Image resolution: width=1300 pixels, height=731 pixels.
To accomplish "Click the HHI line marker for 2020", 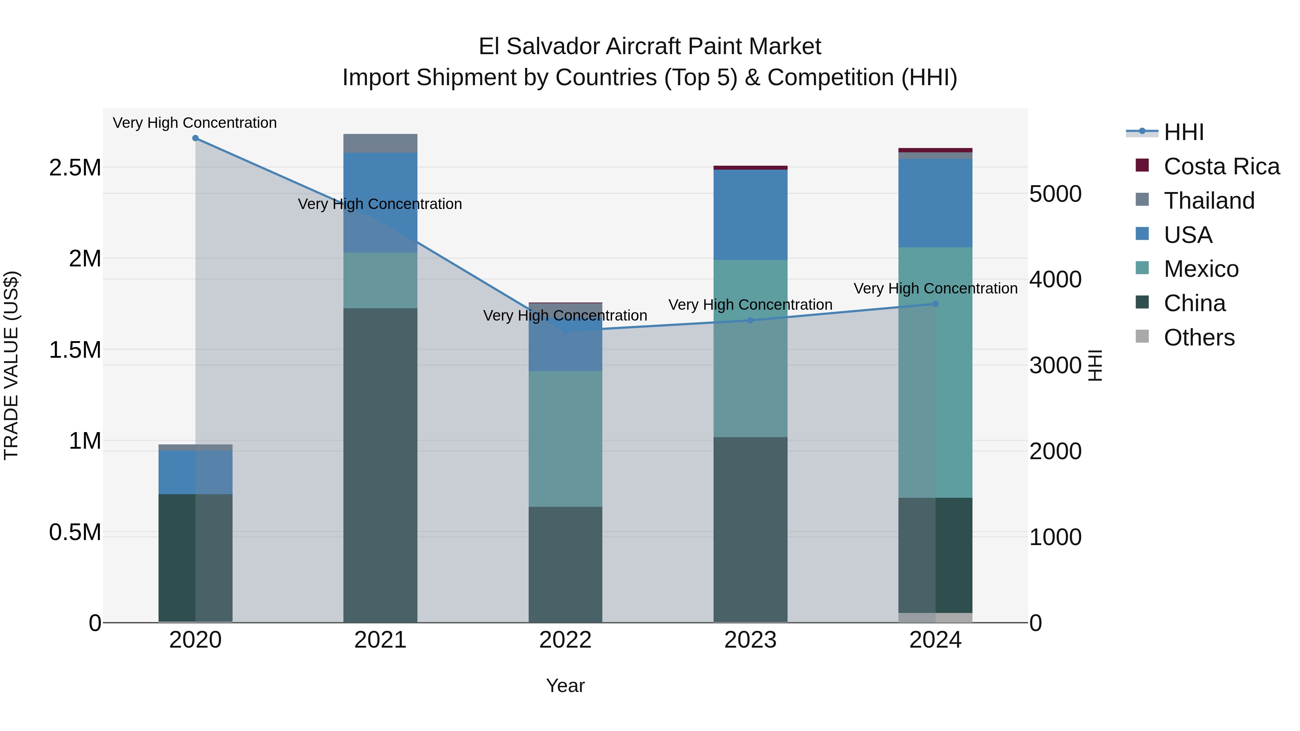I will point(195,138).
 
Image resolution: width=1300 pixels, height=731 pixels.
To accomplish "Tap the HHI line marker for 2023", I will point(750,320).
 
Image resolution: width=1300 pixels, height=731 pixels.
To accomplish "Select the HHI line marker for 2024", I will point(935,304).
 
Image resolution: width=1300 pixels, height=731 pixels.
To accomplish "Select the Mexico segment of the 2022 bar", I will point(565,439).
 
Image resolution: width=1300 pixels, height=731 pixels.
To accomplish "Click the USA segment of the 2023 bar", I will point(750,214).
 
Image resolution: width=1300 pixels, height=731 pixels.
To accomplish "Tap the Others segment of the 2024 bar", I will point(935,618).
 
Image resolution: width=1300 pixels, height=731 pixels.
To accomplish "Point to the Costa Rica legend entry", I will point(1221,166).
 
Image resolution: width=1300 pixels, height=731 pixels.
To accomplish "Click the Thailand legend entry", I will point(1209,201).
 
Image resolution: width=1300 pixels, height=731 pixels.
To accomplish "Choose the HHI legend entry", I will point(1183,132).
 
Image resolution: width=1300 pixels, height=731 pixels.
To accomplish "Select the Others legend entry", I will point(1199,338).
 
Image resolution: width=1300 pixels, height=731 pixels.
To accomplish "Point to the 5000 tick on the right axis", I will point(1055,194).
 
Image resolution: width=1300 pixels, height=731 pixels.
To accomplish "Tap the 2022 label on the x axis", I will point(565,640).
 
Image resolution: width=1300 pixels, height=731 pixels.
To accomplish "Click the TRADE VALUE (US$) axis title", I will point(11,365).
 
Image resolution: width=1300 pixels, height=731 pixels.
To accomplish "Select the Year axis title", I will point(565,686).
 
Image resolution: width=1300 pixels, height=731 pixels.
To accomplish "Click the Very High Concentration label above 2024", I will point(935,288).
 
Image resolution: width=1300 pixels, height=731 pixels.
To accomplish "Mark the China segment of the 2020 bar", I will point(195,557).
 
